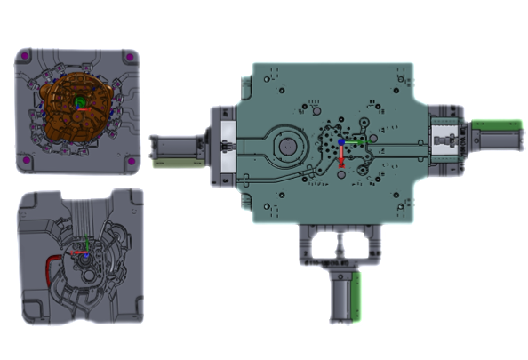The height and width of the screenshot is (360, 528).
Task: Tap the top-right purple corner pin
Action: pyautogui.click(x=131, y=58)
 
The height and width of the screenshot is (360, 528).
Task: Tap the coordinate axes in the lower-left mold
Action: pyautogui.click(x=84, y=252)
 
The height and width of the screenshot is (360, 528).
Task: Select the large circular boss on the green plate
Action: pyautogui.click(x=288, y=145)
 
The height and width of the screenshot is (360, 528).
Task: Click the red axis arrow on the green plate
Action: pyautogui.click(x=339, y=155)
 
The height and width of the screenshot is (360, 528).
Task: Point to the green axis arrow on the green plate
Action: pyautogui.click(x=353, y=140)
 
